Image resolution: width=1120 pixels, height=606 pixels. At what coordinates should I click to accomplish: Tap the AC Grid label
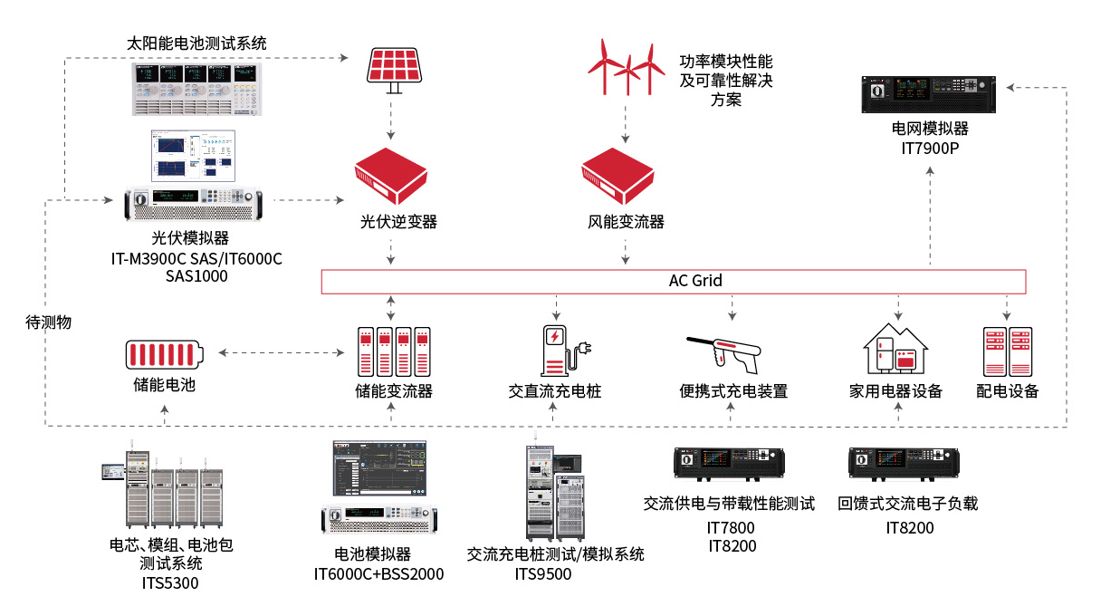pyautogui.click(x=694, y=281)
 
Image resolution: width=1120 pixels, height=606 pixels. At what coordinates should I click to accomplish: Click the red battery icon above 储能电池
pyautogui.click(x=164, y=353)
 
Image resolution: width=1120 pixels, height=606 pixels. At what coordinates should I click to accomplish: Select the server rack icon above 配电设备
pyautogui.click(x=1008, y=351)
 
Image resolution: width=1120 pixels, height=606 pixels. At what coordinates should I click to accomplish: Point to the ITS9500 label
pyautogui.click(x=543, y=573)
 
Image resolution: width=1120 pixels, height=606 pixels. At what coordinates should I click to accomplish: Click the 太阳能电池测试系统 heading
pyautogui.click(x=196, y=43)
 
